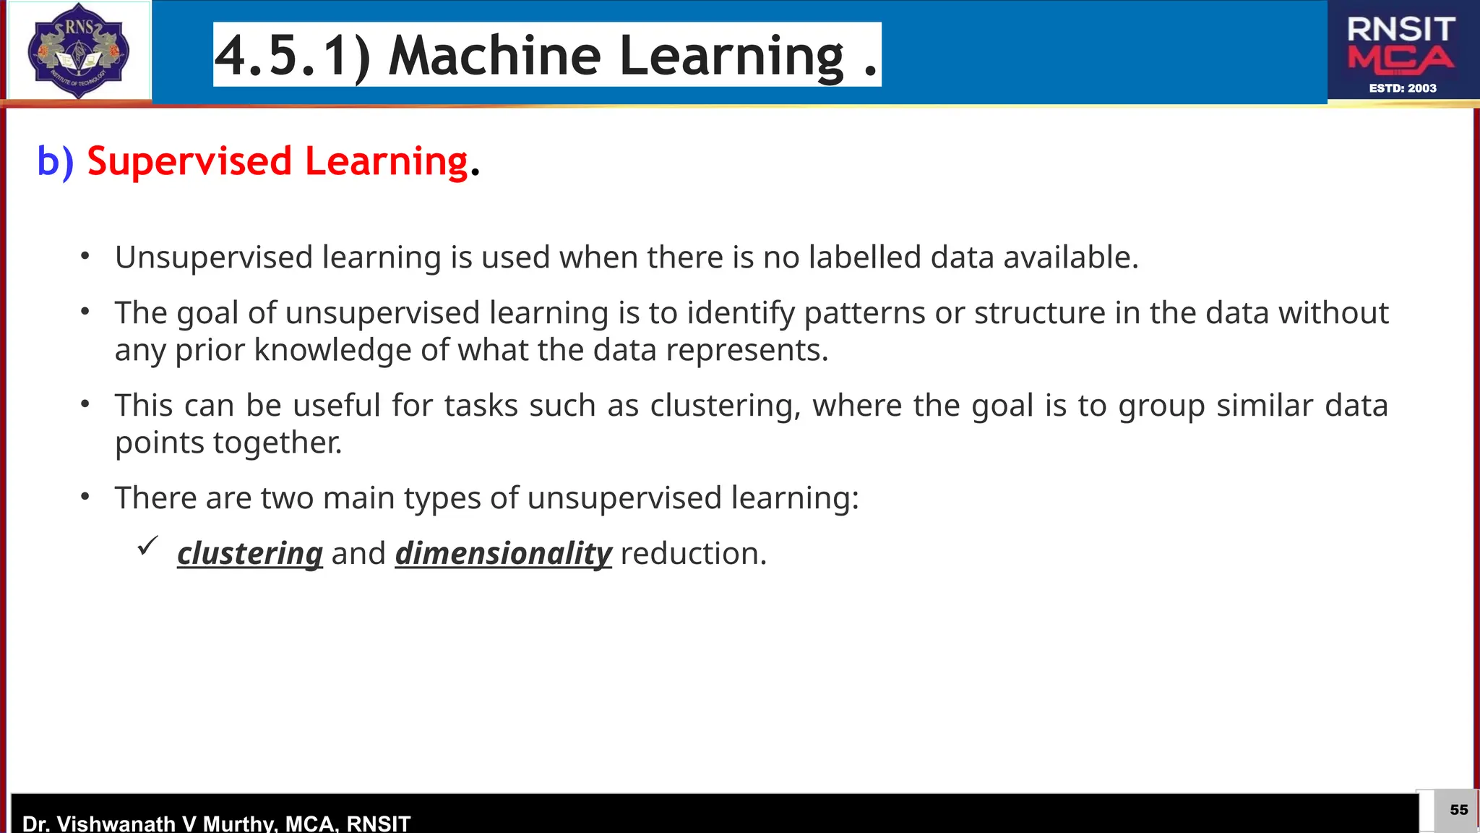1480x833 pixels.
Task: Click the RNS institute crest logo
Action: (x=78, y=51)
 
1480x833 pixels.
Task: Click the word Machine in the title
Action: (x=494, y=56)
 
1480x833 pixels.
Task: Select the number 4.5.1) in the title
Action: (x=293, y=56)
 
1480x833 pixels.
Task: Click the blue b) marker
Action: (x=55, y=161)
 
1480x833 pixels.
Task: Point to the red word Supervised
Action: (x=189, y=161)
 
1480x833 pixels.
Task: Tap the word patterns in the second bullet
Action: (x=864, y=313)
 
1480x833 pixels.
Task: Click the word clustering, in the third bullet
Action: (x=725, y=406)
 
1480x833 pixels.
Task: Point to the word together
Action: (x=277, y=443)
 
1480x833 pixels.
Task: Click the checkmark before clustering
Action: (x=147, y=547)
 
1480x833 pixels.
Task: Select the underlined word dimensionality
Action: (x=503, y=554)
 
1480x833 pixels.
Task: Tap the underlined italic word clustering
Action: (x=250, y=554)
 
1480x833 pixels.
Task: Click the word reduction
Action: (x=692, y=554)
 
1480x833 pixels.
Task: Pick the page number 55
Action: (x=1458, y=810)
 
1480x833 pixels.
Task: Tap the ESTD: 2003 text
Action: (x=1402, y=88)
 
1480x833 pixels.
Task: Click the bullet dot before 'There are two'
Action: (x=85, y=497)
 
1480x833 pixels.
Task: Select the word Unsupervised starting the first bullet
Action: (x=213, y=257)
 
